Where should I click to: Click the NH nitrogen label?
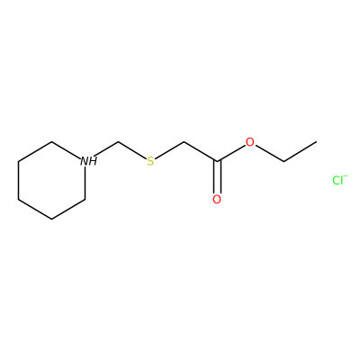[88, 161]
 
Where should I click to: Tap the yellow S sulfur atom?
[150, 161]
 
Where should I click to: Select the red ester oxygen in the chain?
[250, 142]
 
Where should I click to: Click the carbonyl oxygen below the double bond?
[217, 199]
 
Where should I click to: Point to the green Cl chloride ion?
[339, 180]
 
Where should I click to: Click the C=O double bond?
[217, 177]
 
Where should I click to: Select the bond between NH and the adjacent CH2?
[107, 149]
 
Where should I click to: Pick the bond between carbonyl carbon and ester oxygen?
[231, 153]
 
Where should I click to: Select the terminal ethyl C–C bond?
[300, 151]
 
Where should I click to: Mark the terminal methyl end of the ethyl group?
[316, 142]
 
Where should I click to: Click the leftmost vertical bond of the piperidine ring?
[19, 180]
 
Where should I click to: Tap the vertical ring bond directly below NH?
[85, 183]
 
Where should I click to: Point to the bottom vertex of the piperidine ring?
[51, 219]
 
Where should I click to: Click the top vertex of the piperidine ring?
[51, 142]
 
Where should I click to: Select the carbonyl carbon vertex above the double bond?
[217, 161]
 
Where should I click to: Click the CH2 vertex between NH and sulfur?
[119, 142]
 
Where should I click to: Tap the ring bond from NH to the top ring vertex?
[67, 150]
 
